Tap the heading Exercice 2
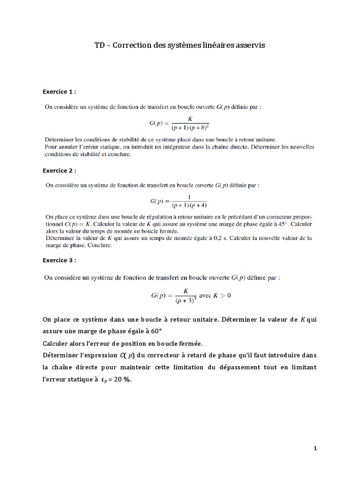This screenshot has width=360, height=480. (59, 171)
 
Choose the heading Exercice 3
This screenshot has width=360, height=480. (59, 260)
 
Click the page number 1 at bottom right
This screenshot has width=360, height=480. (315, 448)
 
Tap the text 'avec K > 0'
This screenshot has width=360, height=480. (216, 296)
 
